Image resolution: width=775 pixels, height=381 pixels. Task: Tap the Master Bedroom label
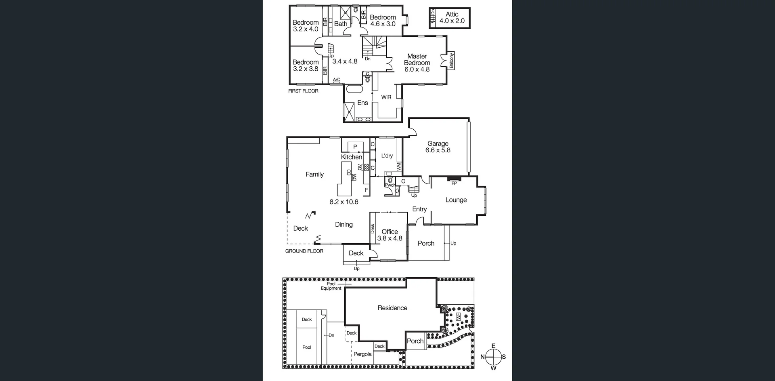click(417, 63)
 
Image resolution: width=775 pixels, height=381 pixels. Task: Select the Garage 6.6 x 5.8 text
click(438, 147)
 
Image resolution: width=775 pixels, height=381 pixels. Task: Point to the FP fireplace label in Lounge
click(454, 183)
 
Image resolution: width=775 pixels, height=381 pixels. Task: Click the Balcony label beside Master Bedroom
click(452, 60)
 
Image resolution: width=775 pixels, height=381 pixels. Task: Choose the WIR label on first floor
click(386, 97)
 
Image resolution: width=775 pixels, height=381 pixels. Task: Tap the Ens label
click(362, 103)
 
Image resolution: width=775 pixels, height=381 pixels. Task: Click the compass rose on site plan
click(493, 357)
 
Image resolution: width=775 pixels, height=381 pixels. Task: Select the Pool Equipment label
click(331, 286)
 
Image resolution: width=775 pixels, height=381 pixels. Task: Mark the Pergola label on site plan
click(362, 354)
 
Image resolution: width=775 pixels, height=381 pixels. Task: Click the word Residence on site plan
click(392, 308)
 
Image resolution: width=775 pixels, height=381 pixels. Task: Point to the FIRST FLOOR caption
click(303, 91)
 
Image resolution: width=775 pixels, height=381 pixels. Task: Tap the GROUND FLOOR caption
click(304, 251)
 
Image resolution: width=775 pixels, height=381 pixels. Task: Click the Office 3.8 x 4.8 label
click(390, 235)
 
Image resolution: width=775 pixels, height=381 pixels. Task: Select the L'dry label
click(387, 156)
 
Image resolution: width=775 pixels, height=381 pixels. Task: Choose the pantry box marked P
click(355, 147)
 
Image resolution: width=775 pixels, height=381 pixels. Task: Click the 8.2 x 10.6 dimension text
click(344, 202)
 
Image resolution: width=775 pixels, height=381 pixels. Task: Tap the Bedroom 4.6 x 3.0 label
click(383, 21)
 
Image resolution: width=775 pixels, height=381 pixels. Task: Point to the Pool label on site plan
click(307, 347)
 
